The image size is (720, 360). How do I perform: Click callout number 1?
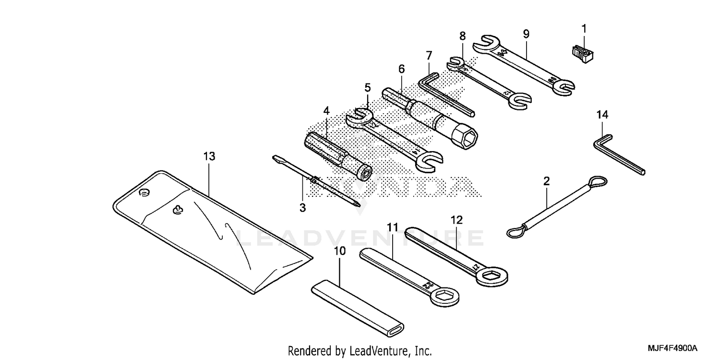coord(584,29)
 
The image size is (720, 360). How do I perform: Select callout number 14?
coord(602,115)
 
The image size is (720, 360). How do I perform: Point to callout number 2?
coord(546,181)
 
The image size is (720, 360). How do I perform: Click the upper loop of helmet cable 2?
coord(598,182)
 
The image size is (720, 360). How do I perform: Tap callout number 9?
coord(526,34)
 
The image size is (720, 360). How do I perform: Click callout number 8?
coord(462,36)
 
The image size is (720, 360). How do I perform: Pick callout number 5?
coord(367,87)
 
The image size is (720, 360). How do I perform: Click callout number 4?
coord(326,110)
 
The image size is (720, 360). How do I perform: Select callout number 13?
coord(209,156)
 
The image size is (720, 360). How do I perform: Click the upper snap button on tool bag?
coord(144,192)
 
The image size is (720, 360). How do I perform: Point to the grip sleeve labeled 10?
coord(358,307)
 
